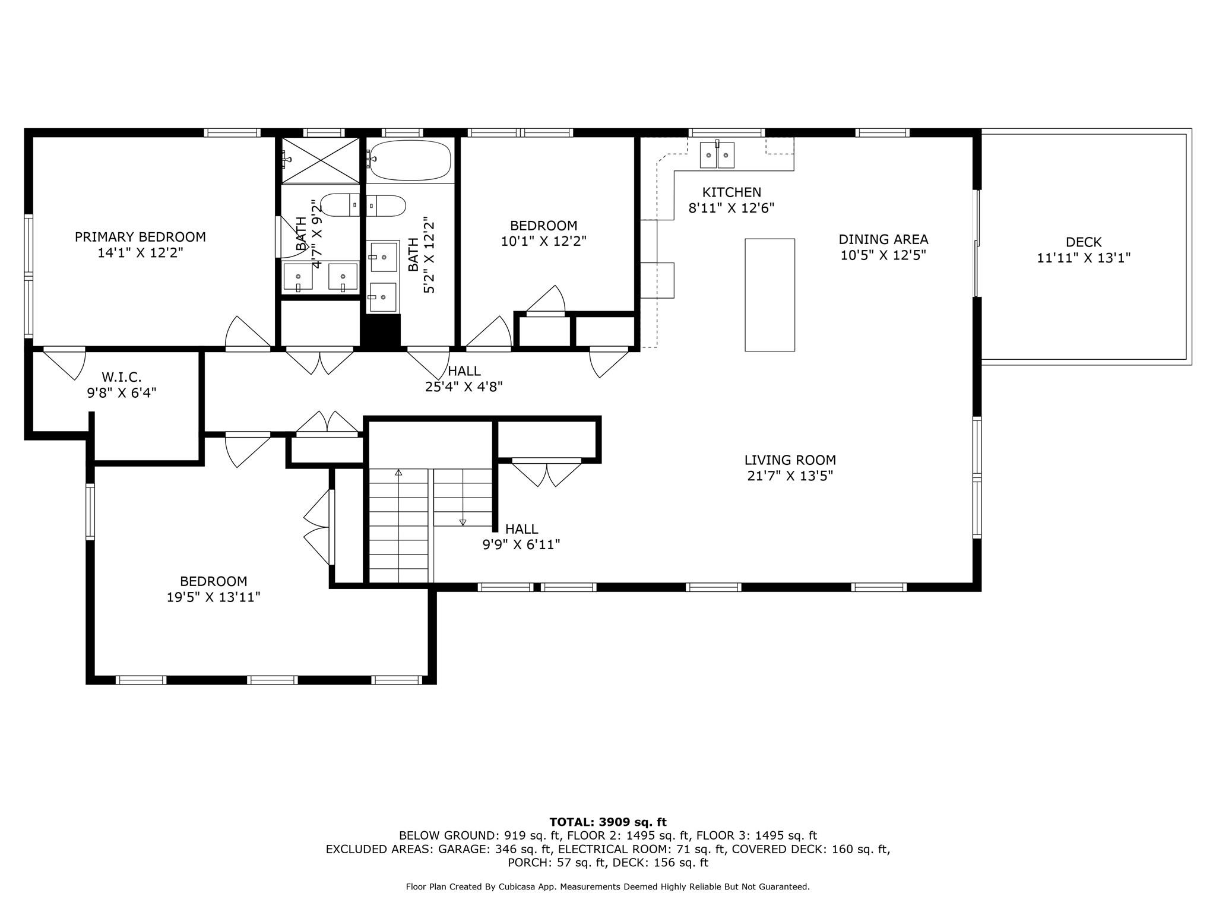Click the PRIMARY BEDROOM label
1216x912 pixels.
tap(140, 245)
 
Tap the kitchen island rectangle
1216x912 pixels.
tap(769, 295)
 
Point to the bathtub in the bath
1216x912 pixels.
tap(408, 160)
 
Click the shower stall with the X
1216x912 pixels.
tap(321, 160)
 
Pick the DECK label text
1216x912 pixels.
tap(1084, 242)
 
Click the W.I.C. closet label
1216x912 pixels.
tap(122, 377)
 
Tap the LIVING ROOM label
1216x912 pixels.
tap(790, 460)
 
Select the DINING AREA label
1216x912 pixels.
tap(883, 239)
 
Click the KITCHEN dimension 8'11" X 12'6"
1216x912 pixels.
tap(731, 208)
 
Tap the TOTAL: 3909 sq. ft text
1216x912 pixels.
tap(608, 822)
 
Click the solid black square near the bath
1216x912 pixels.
tap(381, 332)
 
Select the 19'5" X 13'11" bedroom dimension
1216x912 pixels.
tap(214, 597)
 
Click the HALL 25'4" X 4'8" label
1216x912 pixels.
tap(464, 379)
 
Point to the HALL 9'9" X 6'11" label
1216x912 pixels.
tap(521, 537)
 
